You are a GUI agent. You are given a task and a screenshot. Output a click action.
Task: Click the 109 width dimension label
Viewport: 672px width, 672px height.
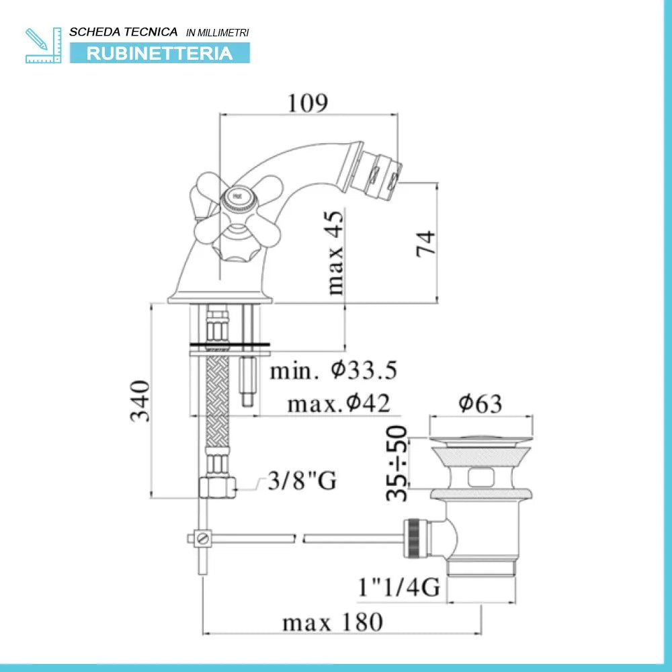coord(308,103)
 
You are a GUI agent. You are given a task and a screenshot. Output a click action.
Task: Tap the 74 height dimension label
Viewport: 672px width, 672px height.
coord(426,244)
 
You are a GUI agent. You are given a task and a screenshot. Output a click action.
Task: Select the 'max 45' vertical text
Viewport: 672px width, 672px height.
coord(335,253)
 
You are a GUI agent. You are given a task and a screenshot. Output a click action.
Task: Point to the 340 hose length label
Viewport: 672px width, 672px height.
coord(140,401)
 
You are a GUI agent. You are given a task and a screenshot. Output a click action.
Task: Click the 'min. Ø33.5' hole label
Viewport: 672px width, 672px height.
coord(333,370)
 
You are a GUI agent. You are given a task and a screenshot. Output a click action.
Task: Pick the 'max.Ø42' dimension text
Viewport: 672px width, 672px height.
coord(339,403)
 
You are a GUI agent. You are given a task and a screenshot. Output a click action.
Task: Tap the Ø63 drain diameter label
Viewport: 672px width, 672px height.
coord(480,403)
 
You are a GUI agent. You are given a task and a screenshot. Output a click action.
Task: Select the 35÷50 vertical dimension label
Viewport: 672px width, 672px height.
coord(396,463)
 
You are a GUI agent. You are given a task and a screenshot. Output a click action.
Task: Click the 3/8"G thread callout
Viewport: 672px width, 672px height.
coord(302,480)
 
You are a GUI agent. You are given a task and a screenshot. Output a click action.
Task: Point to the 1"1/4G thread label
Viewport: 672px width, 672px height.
coord(399,587)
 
